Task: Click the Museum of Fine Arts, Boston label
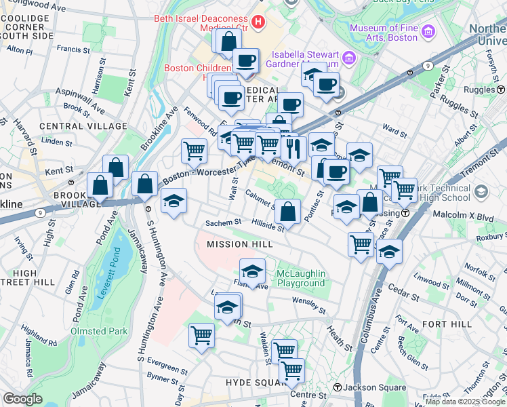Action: point(383,32)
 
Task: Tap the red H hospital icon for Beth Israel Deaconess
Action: point(258,22)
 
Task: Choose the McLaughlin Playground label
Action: point(301,278)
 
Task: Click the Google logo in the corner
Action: point(23,399)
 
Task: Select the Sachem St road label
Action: point(224,222)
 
